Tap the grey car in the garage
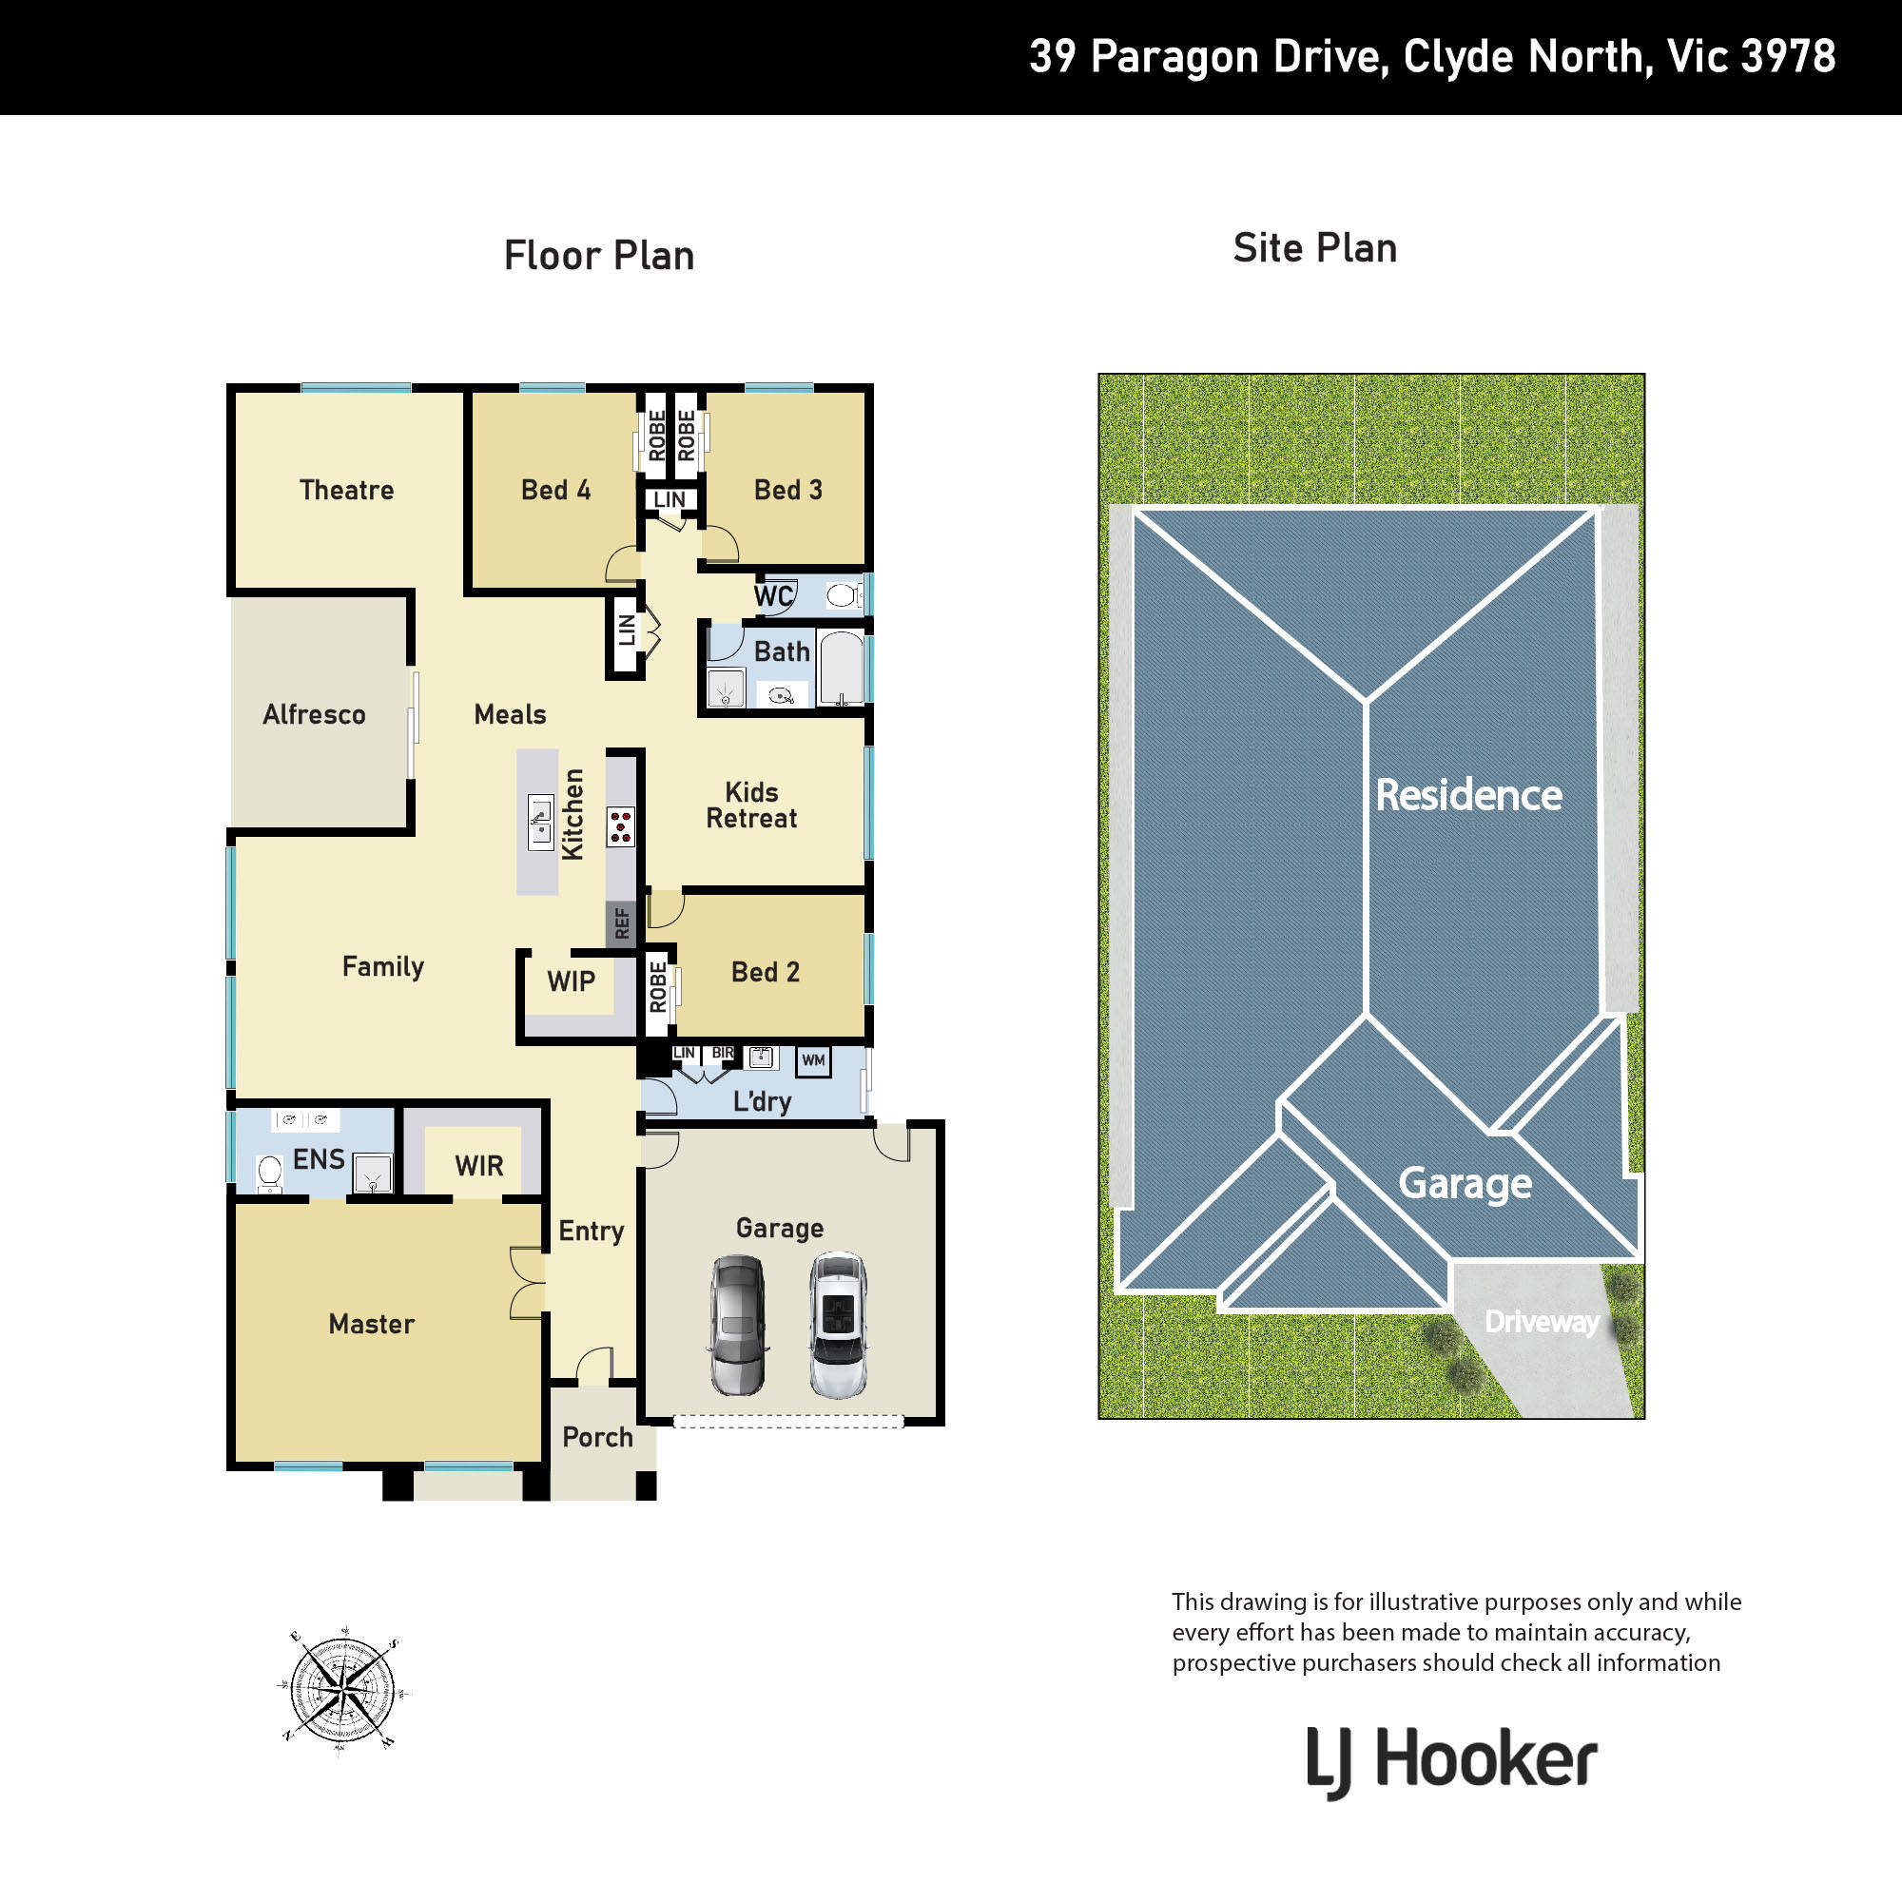[738, 1325]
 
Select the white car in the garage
[838, 1325]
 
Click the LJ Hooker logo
[1451, 1761]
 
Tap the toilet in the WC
[842, 594]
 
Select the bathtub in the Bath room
[842, 669]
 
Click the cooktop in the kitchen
[620, 827]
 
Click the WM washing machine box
[813, 1060]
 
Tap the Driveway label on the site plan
[1542, 1322]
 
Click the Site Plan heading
[1315, 248]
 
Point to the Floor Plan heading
[599, 256]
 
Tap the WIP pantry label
[571, 981]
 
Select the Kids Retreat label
[751, 805]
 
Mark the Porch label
[597, 1437]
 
